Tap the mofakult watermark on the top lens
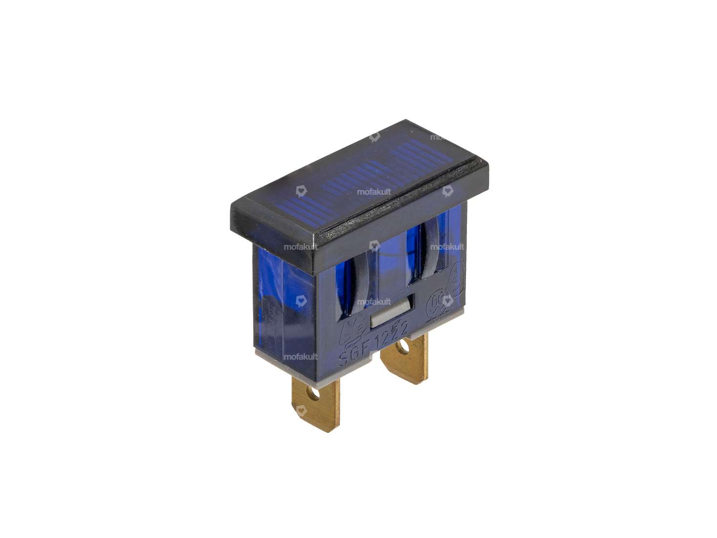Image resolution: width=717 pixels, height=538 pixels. pyautogui.click(x=374, y=192)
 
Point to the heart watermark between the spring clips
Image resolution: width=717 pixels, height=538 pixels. pyautogui.click(x=374, y=245)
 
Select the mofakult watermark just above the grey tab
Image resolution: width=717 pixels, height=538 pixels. pyautogui.click(x=374, y=301)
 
